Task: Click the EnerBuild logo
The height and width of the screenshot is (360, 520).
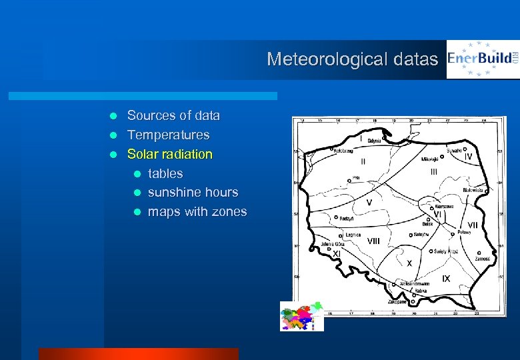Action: [x=483, y=59]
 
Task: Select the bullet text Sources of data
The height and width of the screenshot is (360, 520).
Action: [x=173, y=115]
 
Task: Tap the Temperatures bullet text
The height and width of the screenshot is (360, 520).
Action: [x=168, y=135]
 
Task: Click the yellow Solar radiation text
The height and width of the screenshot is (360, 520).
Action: [x=169, y=154]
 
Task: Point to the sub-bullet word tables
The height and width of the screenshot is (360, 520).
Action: [x=165, y=173]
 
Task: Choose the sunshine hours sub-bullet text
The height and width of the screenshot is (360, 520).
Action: [x=193, y=192]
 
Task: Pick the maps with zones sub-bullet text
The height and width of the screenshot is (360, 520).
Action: [x=197, y=212]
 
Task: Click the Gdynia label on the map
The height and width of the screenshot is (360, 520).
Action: [x=373, y=141]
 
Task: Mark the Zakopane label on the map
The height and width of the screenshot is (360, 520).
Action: [x=397, y=302]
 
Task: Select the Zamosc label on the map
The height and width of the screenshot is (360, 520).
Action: [x=482, y=259]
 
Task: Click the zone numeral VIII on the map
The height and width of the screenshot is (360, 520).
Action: [x=373, y=241]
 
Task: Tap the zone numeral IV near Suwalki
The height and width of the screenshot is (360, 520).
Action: [x=469, y=157]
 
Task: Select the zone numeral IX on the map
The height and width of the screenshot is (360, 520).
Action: [x=445, y=277]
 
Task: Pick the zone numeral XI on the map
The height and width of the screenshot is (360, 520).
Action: [x=337, y=254]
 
